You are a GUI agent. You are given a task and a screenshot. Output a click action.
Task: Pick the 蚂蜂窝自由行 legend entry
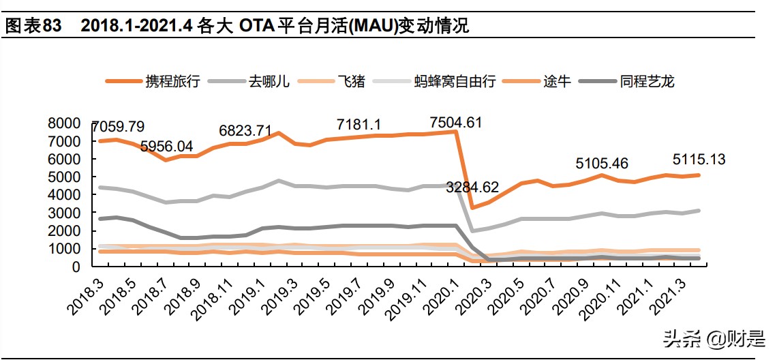(x=448, y=82)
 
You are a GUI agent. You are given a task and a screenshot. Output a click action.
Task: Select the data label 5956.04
(x=167, y=146)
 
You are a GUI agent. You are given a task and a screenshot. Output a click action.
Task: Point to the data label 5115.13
(x=699, y=160)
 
